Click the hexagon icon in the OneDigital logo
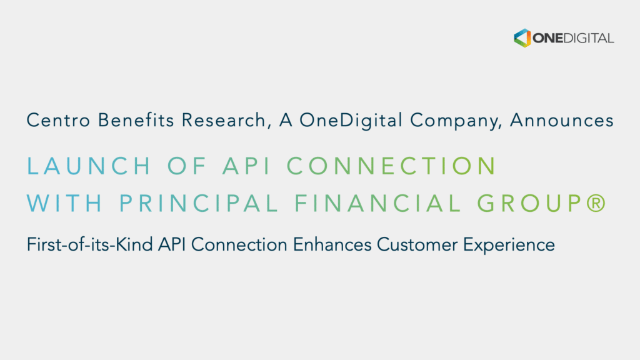[522, 37]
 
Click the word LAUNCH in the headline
[89, 166]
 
